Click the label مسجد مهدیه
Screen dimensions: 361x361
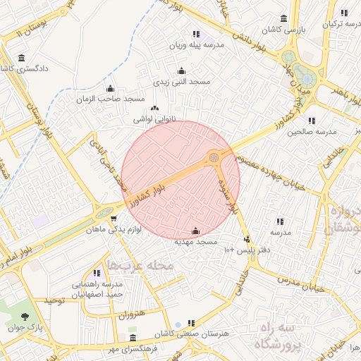[195, 242]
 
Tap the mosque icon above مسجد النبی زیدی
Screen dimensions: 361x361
[182, 71]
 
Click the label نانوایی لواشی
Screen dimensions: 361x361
[154, 120]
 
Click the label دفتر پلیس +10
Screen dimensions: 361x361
[243, 251]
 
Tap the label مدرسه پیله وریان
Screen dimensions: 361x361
[195, 44]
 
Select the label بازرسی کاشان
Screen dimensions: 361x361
[283, 30]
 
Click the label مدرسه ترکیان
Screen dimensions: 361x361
[336, 24]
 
